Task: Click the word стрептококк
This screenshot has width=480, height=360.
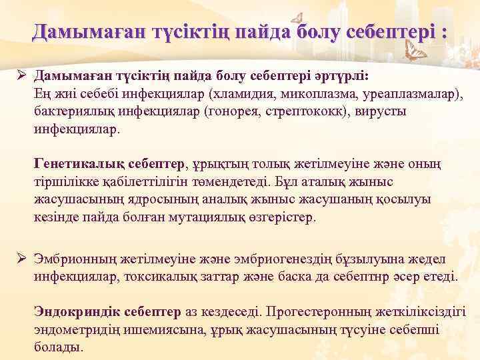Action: (321, 110)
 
